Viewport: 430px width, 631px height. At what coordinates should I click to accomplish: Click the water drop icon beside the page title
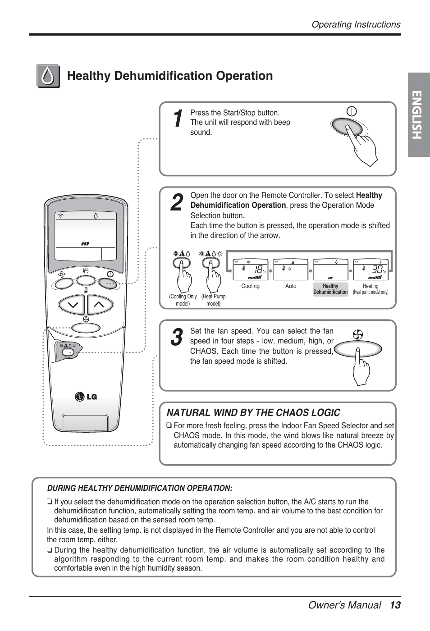point(48,76)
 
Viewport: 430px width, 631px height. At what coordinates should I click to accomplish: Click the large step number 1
point(178,119)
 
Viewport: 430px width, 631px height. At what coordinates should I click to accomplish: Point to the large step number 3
point(177,337)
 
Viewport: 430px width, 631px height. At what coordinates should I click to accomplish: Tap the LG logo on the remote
point(86,397)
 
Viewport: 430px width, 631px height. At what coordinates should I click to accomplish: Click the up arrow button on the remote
point(99,305)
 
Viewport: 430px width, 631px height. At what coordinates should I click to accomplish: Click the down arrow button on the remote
point(72,305)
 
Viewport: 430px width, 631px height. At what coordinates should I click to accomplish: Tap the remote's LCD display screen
point(86,234)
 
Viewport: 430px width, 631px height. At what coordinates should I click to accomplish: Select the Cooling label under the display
point(250,286)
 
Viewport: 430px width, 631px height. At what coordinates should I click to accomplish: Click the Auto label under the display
point(291,286)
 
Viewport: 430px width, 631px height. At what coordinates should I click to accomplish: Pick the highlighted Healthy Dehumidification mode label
point(330,289)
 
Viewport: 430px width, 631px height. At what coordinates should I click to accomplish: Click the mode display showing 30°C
point(371,270)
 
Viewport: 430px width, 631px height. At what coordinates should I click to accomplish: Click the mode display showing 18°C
point(251,270)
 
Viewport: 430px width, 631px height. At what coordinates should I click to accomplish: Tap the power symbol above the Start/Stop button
point(352,111)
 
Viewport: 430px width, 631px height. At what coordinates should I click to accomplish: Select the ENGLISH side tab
point(418,115)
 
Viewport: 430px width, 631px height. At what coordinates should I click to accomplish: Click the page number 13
point(395,605)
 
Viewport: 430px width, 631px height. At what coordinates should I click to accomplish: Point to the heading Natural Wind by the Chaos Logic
point(253,413)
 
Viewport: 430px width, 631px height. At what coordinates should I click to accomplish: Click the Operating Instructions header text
point(356,25)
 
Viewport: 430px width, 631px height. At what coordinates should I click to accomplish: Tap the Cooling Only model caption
point(183,300)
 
